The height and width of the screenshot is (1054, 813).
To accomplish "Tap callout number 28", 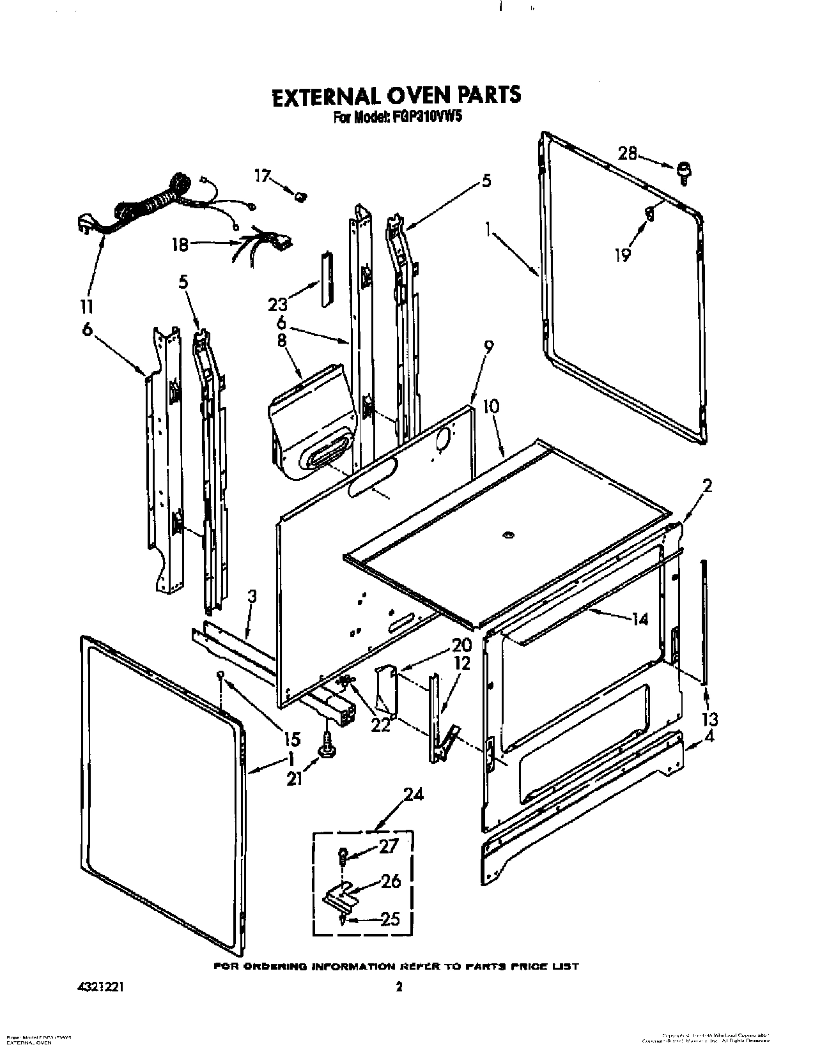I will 628,153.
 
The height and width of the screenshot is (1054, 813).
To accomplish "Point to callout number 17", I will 263,174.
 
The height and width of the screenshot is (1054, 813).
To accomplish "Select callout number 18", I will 180,244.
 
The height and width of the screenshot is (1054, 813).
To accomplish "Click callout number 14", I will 639,618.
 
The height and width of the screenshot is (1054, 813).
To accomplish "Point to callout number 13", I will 708,719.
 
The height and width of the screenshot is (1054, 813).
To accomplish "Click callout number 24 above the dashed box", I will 413,795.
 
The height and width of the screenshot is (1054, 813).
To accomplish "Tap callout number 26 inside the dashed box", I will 391,882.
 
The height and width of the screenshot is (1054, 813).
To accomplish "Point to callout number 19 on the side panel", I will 622,255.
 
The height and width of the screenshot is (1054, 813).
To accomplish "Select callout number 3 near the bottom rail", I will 252,597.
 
